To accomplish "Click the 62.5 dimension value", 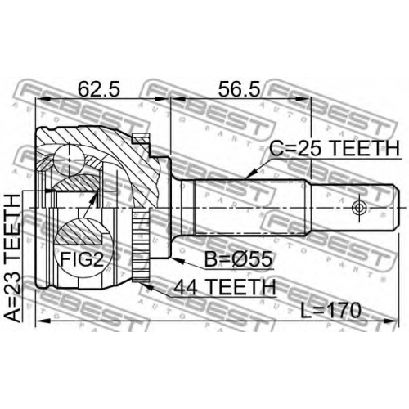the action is [x=99, y=88].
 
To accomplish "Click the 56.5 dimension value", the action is [x=239, y=88].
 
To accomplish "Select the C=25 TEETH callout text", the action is [x=335, y=149].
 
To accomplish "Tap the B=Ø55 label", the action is [x=238, y=259].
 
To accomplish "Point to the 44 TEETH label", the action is [x=225, y=287].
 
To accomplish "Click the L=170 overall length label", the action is [x=330, y=311].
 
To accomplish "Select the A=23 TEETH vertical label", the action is [x=12, y=258].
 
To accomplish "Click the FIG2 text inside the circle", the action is [x=82, y=259].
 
